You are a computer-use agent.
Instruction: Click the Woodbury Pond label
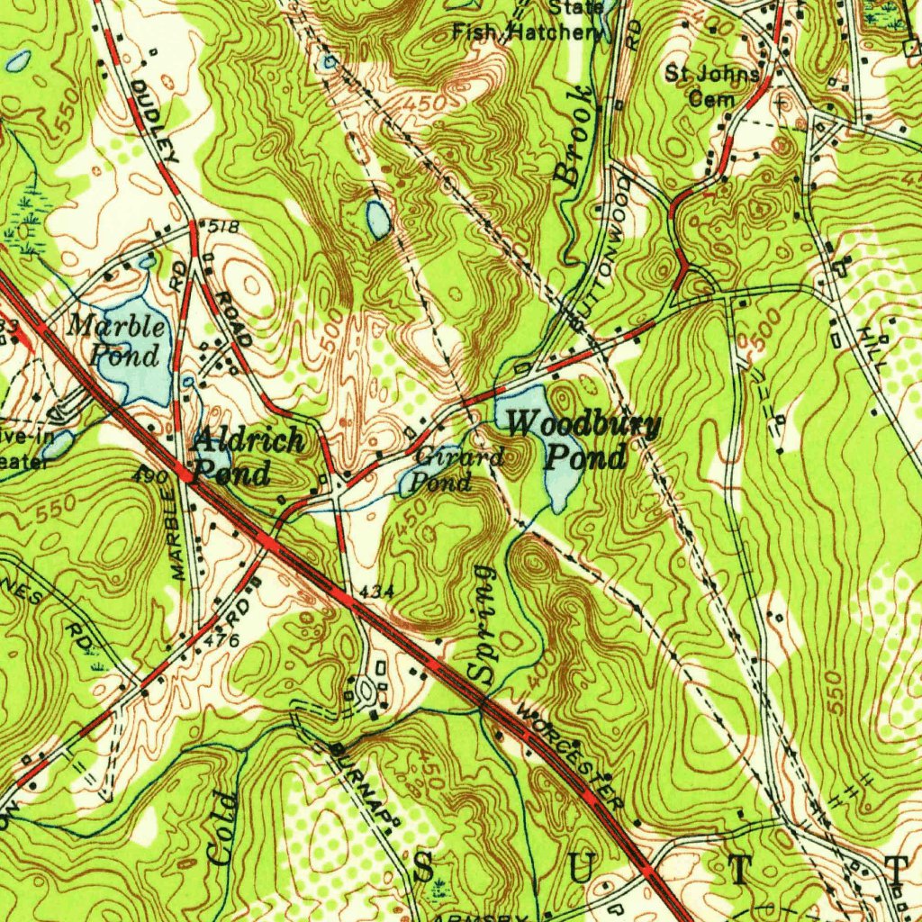tap(584, 440)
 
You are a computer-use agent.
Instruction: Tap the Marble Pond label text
tap(117, 339)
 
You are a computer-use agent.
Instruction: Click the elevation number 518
tap(225, 227)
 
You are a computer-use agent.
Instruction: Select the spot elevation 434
tap(374, 591)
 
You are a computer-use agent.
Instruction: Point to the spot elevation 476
tap(221, 641)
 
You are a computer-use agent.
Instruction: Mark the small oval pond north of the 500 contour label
tap(378, 219)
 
